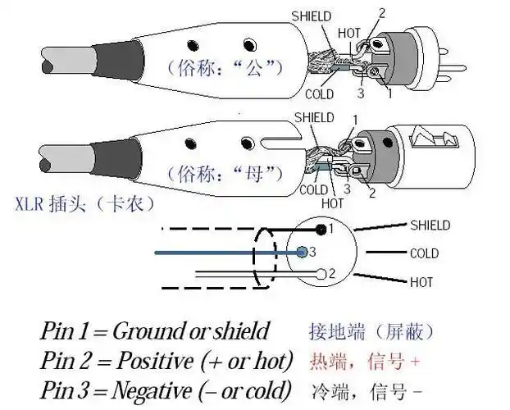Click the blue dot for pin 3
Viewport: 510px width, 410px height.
(303, 251)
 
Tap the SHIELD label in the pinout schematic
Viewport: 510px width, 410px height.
(430, 225)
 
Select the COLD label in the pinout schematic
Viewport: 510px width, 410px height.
(425, 254)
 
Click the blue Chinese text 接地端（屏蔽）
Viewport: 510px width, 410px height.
(371, 331)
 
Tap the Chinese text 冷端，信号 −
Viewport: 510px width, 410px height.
(366, 388)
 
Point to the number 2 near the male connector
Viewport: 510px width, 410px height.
(380, 13)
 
